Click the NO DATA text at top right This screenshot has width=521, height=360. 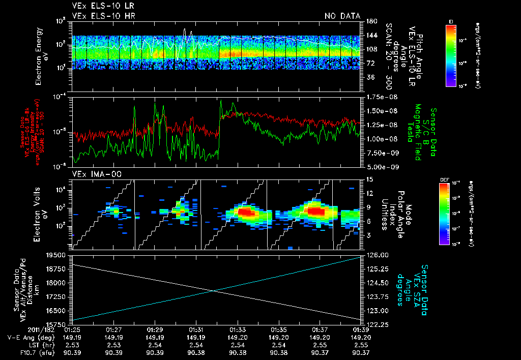[x=342, y=16]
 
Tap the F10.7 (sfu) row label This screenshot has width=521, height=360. [x=24, y=352]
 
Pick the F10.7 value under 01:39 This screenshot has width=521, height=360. [x=361, y=352]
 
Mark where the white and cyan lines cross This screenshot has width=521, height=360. [x=214, y=290]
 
